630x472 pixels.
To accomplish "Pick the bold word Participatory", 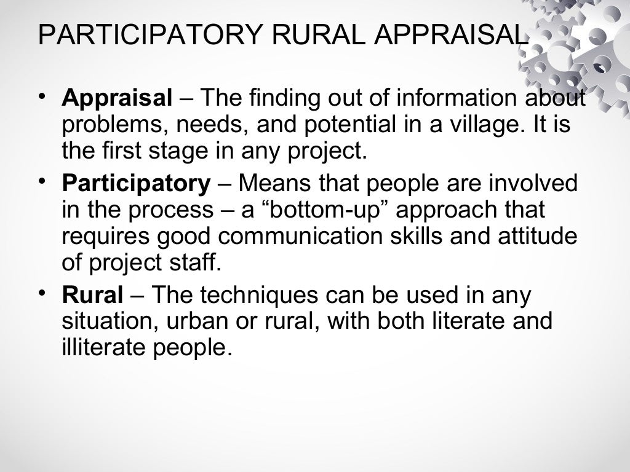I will point(136,183).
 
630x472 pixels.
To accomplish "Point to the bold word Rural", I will point(92,296).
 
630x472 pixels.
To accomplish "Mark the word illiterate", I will point(110,348).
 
